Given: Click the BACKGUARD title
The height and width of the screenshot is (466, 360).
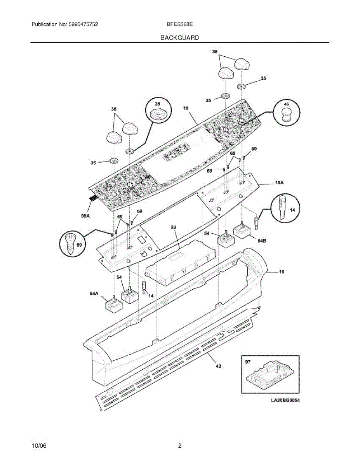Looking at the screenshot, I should pos(179,38).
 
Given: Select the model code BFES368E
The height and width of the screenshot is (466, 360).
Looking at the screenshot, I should pos(180,24).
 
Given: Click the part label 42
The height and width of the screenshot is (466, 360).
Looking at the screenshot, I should pos(218,366).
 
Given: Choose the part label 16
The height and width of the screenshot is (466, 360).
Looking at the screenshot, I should pos(281,272).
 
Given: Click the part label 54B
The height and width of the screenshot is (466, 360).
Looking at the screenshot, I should pos(262,241).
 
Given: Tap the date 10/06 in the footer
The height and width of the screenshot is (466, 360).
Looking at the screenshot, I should pos(39,446).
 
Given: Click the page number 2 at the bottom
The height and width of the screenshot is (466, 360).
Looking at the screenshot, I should pos(179,446).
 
